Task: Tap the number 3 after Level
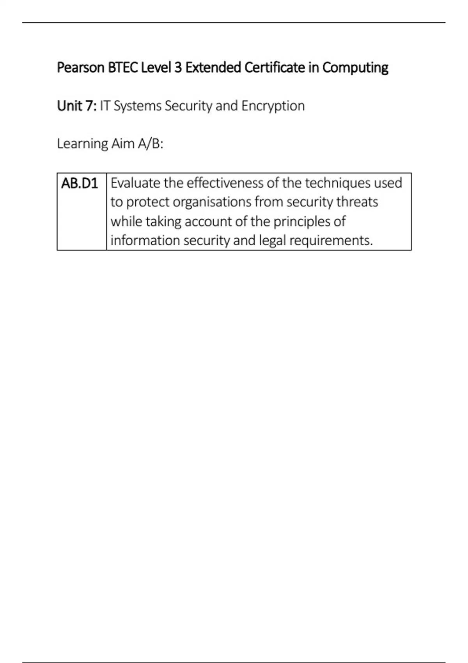pyautogui.click(x=178, y=68)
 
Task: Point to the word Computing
pyautogui.click(x=355, y=68)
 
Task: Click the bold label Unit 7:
pyautogui.click(x=77, y=106)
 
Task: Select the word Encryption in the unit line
pyautogui.click(x=273, y=106)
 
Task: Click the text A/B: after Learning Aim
pyautogui.click(x=151, y=144)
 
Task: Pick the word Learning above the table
pyautogui.click(x=82, y=144)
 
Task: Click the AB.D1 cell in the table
pyautogui.click(x=80, y=183)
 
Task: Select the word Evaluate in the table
pyautogui.click(x=135, y=183)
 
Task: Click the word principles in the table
pyautogui.click(x=298, y=222)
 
